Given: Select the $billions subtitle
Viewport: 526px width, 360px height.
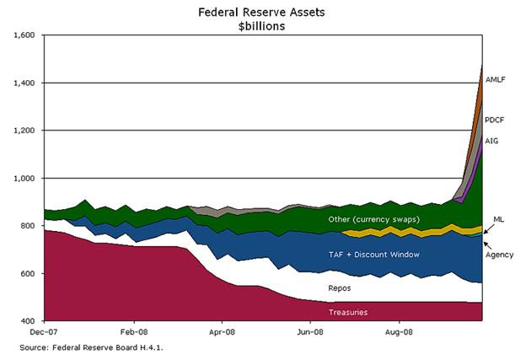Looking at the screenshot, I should tap(264, 26).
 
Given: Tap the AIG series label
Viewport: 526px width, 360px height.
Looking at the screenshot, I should tap(492, 140).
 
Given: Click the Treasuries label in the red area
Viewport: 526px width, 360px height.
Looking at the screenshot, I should tap(348, 312).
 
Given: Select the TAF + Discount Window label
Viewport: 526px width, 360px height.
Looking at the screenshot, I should tap(373, 253).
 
